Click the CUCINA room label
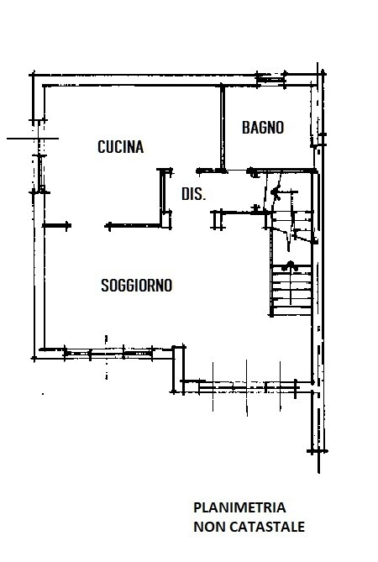121,147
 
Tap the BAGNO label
263,128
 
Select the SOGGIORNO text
137,286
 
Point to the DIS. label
193,194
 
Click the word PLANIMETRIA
239,507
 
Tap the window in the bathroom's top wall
271,79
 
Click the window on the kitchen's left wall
40,174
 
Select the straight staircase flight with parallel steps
291,290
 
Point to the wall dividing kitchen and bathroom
223,128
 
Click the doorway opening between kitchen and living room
88,226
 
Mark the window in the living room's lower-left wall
108,354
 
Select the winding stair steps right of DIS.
291,218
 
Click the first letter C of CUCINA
102,147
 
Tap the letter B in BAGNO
246,128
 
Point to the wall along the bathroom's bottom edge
283,171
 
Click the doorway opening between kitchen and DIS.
185,171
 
